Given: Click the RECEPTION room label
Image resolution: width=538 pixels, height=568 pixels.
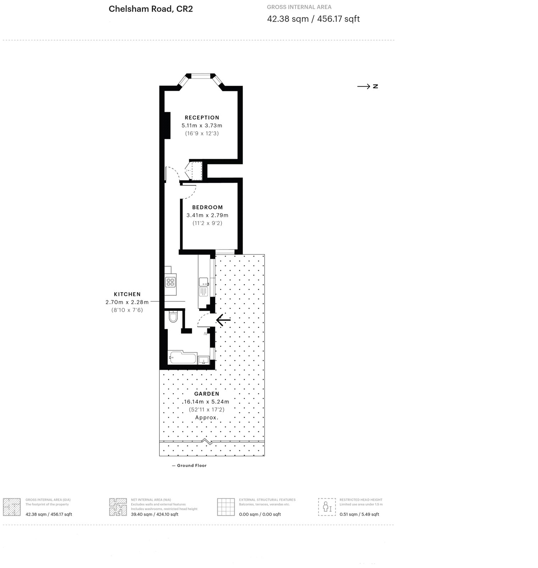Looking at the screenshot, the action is pos(202,118).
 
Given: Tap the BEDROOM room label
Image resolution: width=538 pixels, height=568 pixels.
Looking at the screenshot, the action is pos(207,207).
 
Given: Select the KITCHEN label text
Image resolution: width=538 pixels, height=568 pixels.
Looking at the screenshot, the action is pos(127,294).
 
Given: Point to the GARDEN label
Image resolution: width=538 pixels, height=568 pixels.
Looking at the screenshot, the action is pos(207,394).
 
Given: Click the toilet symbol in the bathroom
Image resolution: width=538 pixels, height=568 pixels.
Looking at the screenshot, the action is pos(173,316).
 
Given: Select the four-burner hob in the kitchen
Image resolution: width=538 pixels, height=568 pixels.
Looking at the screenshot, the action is pos(171,282).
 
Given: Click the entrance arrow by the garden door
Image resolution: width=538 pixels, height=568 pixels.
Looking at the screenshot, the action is pos(223,320).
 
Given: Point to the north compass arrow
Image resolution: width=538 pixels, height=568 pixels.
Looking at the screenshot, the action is pos(364,86).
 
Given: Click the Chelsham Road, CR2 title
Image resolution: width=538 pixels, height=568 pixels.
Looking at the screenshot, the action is pos(151,9).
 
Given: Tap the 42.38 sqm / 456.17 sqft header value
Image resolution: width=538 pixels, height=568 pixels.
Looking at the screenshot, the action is pos(313,19).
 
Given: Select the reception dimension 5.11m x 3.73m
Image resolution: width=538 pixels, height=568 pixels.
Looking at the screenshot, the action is pos(202,126).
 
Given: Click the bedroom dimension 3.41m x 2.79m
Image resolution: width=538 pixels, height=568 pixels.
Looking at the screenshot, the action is pos(207,215).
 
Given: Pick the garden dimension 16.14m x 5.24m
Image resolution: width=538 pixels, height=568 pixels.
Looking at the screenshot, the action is pos(206,402).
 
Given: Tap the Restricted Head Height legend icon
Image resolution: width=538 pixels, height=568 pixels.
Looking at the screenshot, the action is pos(327,507).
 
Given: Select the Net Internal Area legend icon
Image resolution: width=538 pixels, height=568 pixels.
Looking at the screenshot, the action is pos(118,507).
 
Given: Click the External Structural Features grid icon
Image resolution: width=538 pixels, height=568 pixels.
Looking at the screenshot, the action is pos(226,507).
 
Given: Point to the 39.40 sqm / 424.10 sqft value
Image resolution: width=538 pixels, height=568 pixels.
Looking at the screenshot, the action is pos(155,514).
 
